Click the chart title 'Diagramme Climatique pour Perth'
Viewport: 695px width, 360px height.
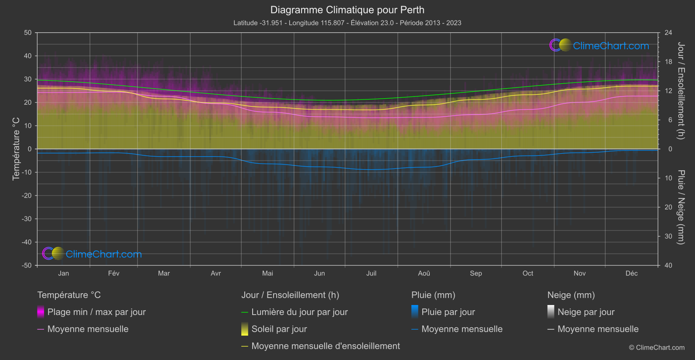point(347,10)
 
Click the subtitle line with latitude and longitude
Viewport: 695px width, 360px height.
point(347,23)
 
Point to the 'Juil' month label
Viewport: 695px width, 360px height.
point(371,273)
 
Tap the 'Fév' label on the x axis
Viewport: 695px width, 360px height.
point(113,273)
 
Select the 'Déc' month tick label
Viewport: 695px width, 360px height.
point(631,273)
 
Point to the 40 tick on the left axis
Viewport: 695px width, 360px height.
point(28,56)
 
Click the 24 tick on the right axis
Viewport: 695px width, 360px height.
point(668,33)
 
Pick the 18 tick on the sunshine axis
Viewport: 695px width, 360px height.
point(668,62)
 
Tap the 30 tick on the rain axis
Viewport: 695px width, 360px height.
point(668,236)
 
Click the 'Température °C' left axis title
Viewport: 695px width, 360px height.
point(16,149)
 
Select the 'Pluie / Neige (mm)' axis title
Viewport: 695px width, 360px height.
point(681,207)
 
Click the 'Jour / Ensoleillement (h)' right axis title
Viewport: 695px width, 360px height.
point(681,91)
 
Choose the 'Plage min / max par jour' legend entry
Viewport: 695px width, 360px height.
point(96,312)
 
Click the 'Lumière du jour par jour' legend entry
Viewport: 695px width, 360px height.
point(299,312)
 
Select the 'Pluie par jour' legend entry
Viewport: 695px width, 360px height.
point(448,312)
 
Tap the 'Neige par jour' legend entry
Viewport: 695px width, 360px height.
point(586,312)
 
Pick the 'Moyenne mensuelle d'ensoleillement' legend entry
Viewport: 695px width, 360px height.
point(325,346)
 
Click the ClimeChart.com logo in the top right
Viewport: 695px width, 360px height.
point(599,45)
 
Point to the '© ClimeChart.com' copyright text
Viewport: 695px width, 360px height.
point(657,348)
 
